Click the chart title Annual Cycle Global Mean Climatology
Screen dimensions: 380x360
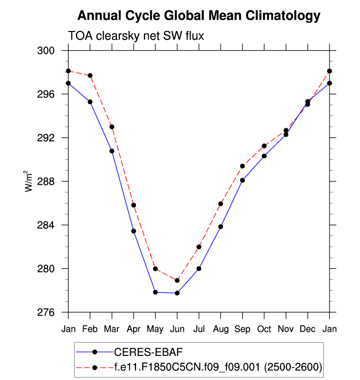(x=198, y=16)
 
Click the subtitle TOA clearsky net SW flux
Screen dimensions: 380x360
(x=135, y=36)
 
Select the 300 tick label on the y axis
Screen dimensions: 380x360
(x=54, y=51)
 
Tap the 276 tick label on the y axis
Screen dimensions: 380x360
(x=54, y=313)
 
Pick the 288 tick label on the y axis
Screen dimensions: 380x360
(x=54, y=181)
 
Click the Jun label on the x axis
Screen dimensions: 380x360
(x=177, y=329)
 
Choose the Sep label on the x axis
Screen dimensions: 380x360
(x=242, y=329)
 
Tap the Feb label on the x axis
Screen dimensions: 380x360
(x=90, y=329)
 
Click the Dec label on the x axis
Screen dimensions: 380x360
(x=307, y=329)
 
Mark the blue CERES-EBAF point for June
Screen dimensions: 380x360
(x=177, y=293)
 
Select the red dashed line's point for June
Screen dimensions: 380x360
(x=177, y=280)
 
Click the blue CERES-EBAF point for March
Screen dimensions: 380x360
(x=112, y=151)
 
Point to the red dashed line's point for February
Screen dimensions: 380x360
(x=90, y=75)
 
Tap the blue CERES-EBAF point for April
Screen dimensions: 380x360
(x=134, y=231)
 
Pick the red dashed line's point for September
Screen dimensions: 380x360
(x=242, y=166)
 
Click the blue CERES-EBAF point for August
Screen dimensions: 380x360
(x=221, y=227)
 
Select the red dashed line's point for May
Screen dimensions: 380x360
(x=155, y=269)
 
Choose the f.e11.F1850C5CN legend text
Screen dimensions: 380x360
(x=218, y=366)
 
